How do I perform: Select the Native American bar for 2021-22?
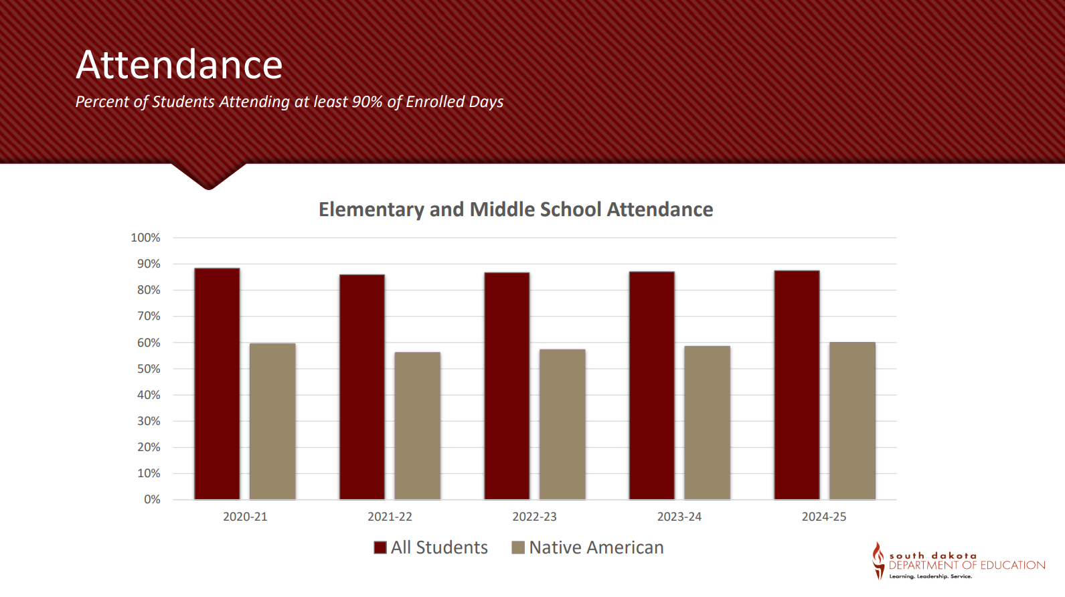417,426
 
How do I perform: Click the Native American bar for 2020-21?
272,421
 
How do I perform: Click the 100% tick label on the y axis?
145,238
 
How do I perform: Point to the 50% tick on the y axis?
149,369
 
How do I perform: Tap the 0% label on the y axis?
152,499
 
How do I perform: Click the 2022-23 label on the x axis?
534,517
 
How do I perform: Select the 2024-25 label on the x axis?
824,517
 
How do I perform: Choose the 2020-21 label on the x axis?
245,517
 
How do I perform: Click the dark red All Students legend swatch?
380,547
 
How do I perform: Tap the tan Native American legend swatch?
518,547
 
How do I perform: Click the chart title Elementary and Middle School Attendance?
515,209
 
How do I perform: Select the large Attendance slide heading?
179,65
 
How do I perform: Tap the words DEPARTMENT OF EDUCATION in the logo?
967,566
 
